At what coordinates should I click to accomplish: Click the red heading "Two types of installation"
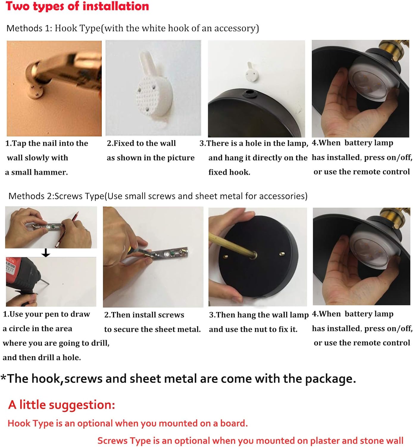point(77,6)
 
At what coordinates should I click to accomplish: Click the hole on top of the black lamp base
point(249,94)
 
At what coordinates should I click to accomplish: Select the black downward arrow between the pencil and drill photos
point(46,253)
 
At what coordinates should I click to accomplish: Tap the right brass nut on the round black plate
point(281,254)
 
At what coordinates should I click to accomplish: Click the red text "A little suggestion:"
point(62,405)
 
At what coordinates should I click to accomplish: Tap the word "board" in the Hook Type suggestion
point(233,423)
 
